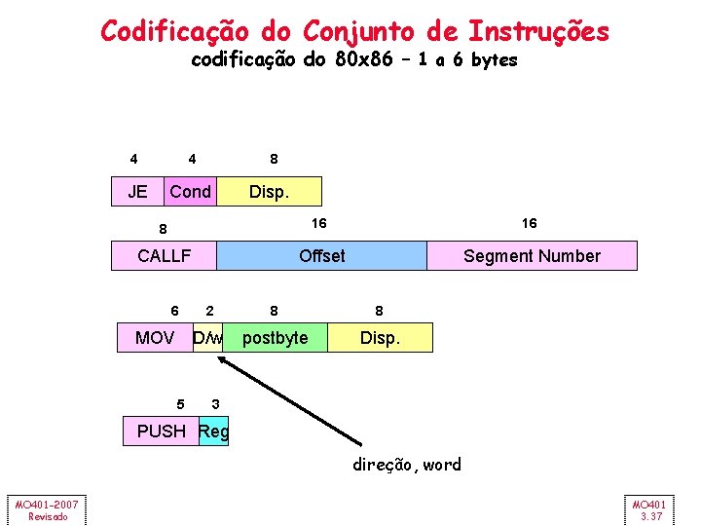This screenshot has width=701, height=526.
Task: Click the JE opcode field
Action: (138, 192)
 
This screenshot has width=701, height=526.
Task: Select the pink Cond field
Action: (191, 192)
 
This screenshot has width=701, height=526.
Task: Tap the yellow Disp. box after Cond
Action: (269, 192)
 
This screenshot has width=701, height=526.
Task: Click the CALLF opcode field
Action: (164, 256)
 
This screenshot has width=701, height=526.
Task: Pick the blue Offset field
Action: (321, 256)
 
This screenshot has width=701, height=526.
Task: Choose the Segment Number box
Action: (532, 256)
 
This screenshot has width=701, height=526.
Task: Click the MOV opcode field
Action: (156, 338)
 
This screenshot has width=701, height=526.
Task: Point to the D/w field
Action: (208, 338)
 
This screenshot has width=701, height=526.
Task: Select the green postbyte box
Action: (275, 338)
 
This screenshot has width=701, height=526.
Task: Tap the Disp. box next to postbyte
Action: (380, 338)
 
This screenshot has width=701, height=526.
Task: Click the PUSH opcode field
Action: (161, 431)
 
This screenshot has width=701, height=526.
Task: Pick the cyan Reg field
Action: (213, 431)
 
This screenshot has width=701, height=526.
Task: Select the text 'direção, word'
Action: (407, 465)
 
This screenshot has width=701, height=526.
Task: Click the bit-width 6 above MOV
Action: (174, 311)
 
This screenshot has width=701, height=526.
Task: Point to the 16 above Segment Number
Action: (529, 223)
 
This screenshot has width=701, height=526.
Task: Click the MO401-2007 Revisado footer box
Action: (46, 509)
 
